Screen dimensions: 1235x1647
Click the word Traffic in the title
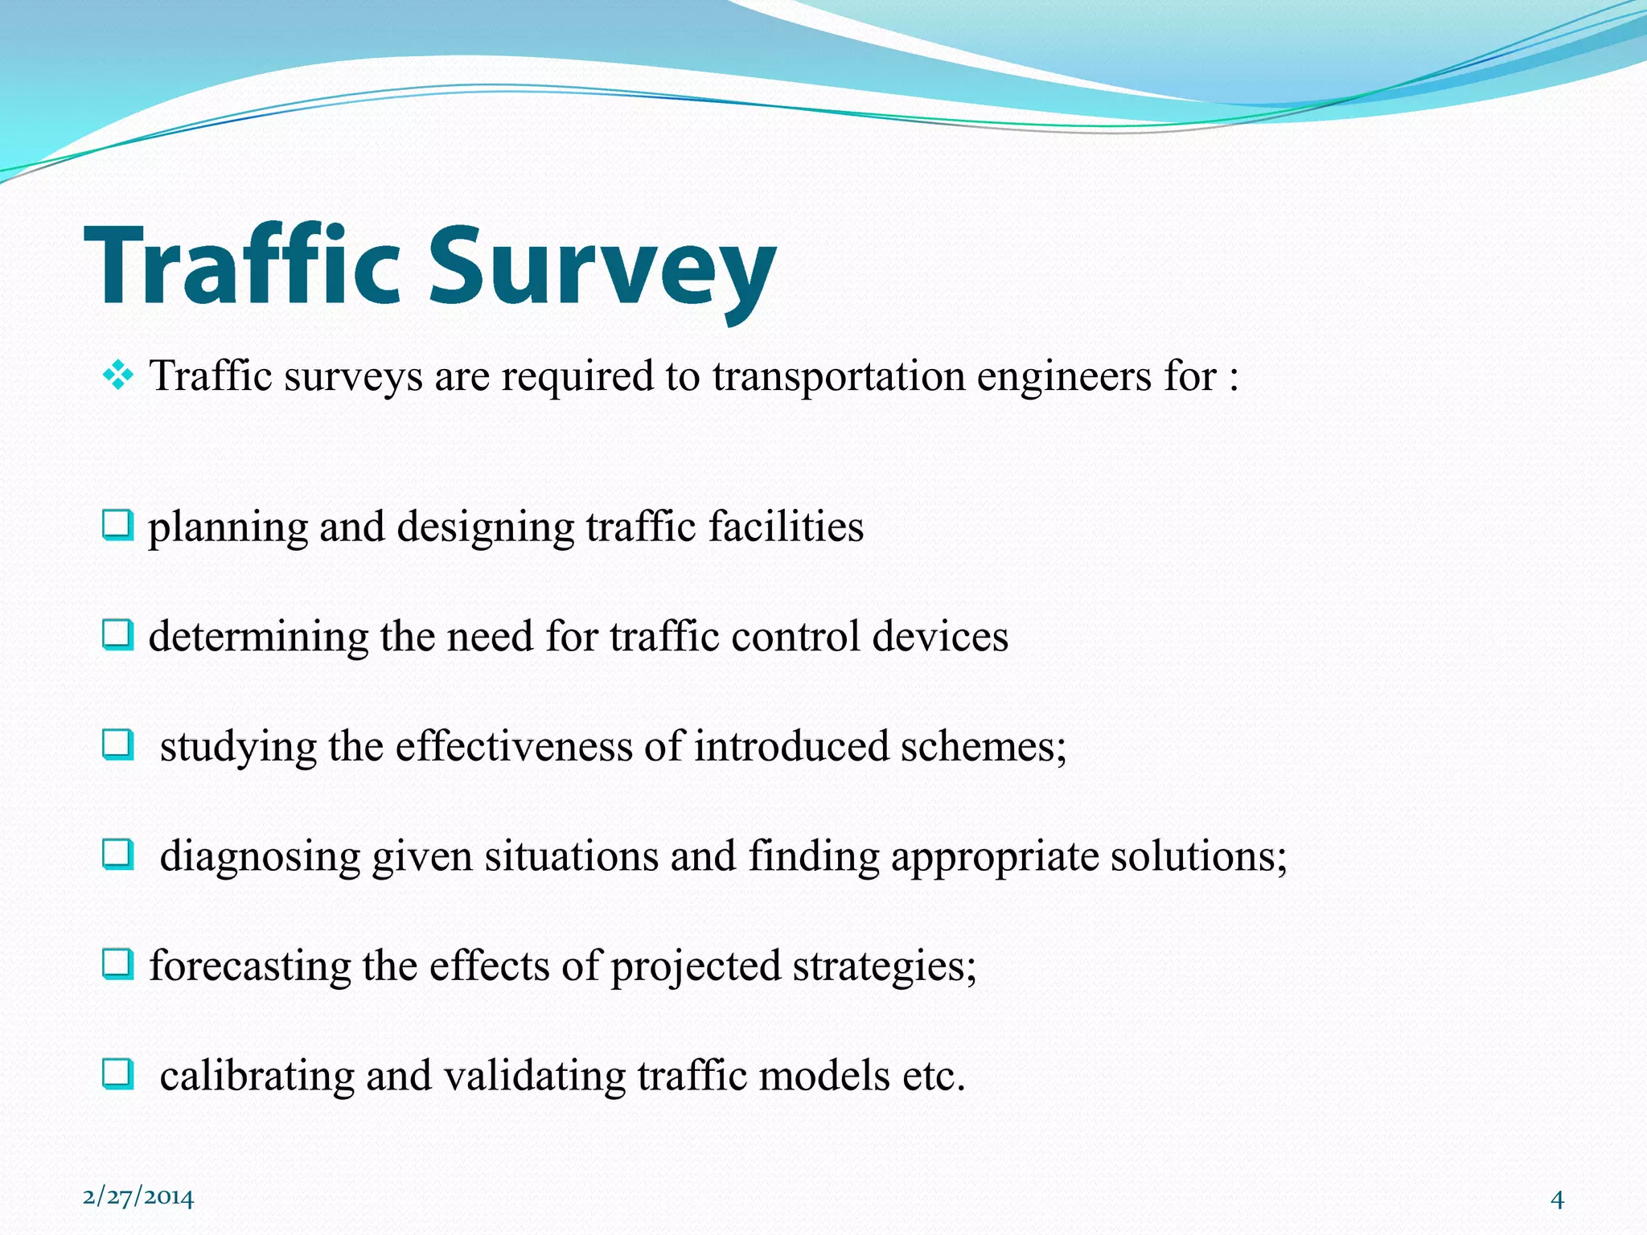pos(241,265)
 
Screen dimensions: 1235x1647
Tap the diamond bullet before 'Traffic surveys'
pos(118,375)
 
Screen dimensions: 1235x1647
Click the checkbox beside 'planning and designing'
pos(117,527)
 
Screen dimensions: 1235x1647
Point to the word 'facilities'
pos(786,527)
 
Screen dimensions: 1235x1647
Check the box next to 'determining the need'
pos(117,636)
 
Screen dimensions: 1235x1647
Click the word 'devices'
pos(940,637)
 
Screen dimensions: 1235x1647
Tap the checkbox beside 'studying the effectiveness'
pos(117,745)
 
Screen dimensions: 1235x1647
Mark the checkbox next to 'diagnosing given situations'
pos(117,855)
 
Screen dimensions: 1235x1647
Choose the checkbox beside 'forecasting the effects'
pos(117,964)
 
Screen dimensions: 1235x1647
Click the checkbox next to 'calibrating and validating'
pos(117,1074)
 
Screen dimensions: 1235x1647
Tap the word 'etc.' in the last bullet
pos(933,1076)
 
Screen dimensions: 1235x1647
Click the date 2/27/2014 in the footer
pos(138,1198)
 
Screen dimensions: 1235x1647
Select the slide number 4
pos(1557,1200)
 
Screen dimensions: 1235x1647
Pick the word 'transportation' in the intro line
pos(839,377)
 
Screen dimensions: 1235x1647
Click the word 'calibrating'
pos(257,1077)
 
